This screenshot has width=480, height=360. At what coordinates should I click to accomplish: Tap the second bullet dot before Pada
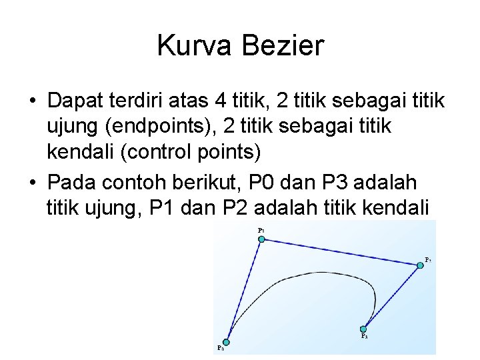point(31,181)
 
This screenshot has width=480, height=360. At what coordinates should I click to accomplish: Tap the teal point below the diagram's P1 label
point(261,239)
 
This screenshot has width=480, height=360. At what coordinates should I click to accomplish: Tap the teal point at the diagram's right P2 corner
point(420,265)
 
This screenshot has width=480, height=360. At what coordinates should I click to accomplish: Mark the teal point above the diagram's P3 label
point(363,328)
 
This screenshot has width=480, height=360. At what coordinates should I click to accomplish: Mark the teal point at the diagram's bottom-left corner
point(227,342)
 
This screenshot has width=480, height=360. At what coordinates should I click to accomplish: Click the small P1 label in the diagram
point(261,230)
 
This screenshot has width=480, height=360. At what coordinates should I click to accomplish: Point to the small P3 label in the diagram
point(364,337)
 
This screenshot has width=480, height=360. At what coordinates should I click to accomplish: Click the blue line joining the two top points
point(340,252)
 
